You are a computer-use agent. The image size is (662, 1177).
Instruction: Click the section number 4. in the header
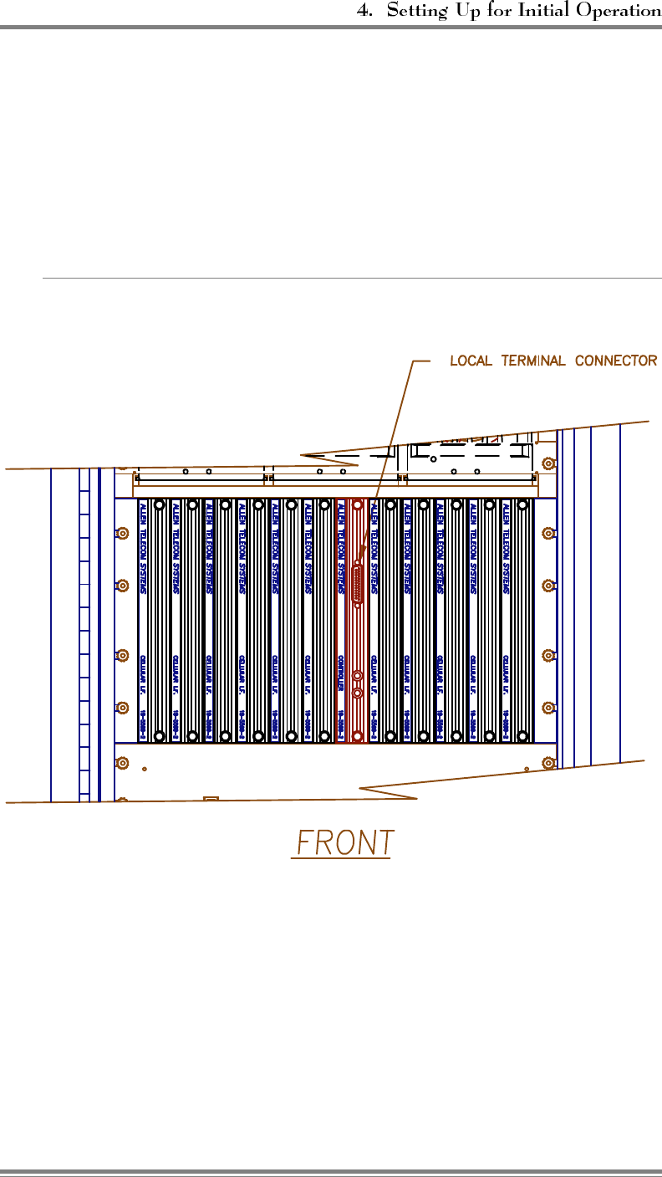pos(364,11)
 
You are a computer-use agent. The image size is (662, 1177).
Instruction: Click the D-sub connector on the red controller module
pos(358,582)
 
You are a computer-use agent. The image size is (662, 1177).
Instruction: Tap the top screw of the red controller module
pos(358,505)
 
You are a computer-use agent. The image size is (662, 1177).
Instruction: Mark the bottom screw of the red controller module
pos(358,736)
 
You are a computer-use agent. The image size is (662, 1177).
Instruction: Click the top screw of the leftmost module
pos(160,505)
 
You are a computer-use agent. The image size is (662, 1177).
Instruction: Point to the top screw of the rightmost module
pos(522,505)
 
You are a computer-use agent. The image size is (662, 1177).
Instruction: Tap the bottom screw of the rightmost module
pos(522,736)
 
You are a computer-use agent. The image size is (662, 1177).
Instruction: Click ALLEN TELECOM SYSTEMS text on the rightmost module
pos(506,548)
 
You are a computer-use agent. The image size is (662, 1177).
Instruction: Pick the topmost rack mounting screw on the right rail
pos(548,463)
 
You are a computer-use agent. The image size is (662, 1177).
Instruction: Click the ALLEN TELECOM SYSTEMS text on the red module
pos(341,548)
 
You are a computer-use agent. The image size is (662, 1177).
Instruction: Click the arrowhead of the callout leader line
pos(361,561)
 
